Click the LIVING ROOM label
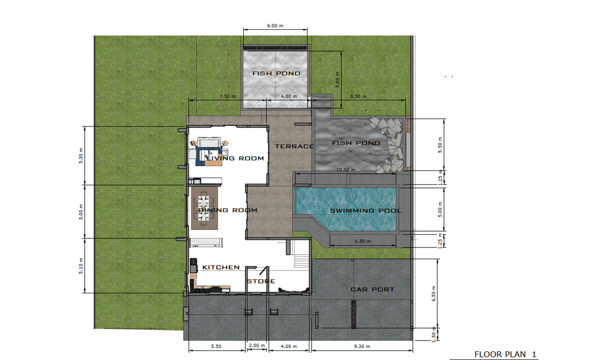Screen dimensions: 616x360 (235, 158)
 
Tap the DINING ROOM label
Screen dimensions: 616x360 (228, 210)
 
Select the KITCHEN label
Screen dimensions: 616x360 (221, 268)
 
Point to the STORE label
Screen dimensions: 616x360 (261, 281)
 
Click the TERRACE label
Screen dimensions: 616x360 (294, 146)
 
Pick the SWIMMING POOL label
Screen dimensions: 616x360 (365, 211)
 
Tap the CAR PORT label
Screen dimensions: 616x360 (372, 290)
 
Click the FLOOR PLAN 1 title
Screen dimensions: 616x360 (506, 354)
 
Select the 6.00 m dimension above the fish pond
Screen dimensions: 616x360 (275, 26)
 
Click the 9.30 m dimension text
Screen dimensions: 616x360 (362, 346)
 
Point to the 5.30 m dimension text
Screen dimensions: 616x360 (81, 156)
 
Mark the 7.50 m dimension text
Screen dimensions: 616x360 (227, 96)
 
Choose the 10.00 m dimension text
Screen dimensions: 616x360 (345, 169)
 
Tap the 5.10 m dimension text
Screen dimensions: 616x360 (81, 266)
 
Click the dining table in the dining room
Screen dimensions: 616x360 (204, 208)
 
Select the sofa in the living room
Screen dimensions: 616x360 (209, 142)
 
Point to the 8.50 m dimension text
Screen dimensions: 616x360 (358, 96)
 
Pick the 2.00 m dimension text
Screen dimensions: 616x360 (257, 346)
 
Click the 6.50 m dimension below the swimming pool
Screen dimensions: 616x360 (362, 241)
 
